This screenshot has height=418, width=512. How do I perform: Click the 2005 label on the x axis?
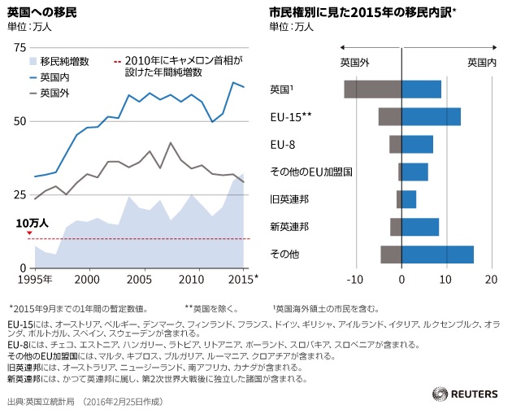click(x=141, y=280)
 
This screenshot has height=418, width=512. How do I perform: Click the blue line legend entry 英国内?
click(x=53, y=77)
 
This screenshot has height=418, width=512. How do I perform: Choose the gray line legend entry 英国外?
click(x=53, y=93)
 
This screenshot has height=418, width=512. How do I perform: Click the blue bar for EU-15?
click(x=431, y=116)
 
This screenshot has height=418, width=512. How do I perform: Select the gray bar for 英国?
click(x=372, y=89)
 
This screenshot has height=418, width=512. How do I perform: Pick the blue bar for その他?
click(x=437, y=255)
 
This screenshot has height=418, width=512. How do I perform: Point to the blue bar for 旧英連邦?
click(x=409, y=199)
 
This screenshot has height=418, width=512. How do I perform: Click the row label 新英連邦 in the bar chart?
click(x=289, y=227)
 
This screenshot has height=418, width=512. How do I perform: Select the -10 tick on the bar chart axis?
click(x=354, y=280)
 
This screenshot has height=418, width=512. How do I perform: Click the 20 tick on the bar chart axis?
click(x=490, y=280)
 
